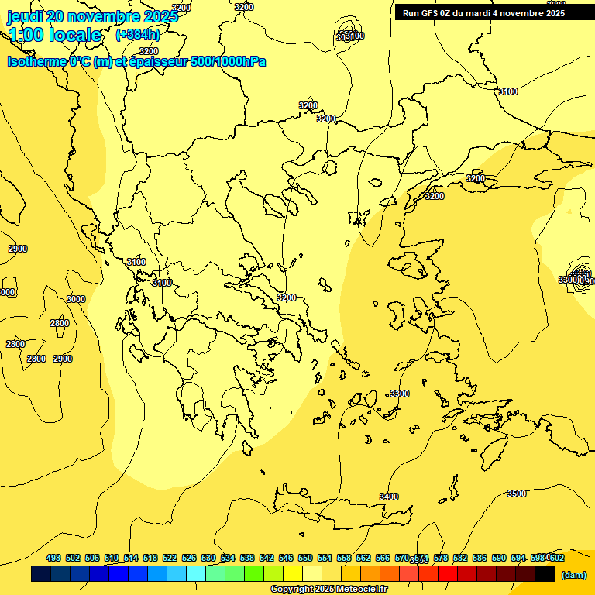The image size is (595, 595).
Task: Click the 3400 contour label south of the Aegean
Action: tap(389, 497)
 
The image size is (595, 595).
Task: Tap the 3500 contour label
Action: tap(516, 494)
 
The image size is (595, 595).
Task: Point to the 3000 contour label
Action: tap(76, 299)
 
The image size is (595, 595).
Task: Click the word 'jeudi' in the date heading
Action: tap(25, 16)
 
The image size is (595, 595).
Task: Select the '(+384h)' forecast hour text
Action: tap(138, 35)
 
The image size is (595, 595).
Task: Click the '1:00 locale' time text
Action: tap(55, 35)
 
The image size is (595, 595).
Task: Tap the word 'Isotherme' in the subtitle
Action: tap(36, 62)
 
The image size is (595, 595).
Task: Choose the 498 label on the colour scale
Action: tap(53, 558)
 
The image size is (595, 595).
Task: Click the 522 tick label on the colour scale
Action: tap(170, 558)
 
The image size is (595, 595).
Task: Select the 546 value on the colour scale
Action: tap(286, 558)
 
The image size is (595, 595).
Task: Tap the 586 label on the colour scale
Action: tap(480, 558)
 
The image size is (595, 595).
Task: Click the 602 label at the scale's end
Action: tap(556, 558)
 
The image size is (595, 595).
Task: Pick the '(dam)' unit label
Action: tap(573, 575)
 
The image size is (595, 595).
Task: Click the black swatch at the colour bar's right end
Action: tap(545, 574)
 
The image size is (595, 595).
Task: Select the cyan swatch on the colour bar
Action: tap(196, 574)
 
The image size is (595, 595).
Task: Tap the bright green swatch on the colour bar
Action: tap(254, 574)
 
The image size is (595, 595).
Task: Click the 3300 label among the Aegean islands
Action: tap(399, 394)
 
